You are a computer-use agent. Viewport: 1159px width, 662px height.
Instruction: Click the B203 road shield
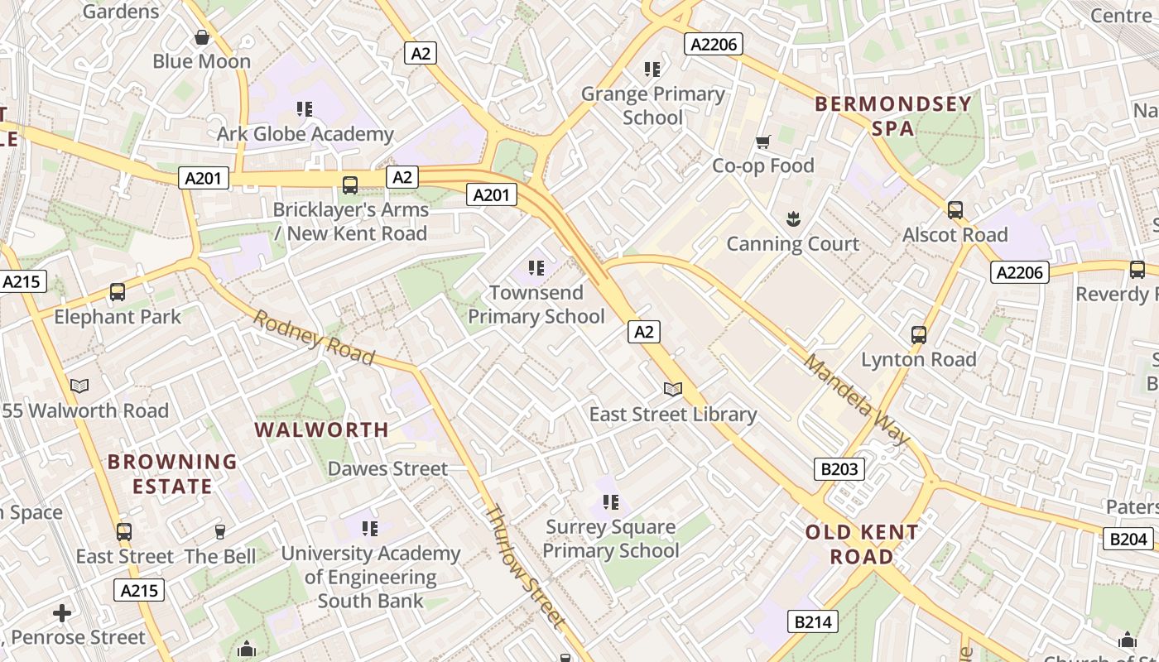coord(839,469)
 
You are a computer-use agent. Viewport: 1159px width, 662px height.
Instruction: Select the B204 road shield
coord(1128,540)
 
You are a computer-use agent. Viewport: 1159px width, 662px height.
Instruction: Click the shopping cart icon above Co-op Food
coord(763,142)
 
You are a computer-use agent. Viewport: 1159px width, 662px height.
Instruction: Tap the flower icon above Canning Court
coord(793,219)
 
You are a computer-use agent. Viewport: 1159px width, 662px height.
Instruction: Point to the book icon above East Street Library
coord(673,389)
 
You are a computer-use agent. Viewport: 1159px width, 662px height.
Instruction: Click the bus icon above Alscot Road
coord(955,210)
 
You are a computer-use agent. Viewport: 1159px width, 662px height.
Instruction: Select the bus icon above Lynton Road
coord(919,335)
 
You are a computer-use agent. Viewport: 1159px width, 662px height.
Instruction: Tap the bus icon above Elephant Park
coord(118,292)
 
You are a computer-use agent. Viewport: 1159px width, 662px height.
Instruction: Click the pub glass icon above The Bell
coord(220,532)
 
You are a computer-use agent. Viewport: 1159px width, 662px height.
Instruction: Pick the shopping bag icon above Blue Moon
coord(201,37)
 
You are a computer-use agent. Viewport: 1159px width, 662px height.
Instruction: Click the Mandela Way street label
coord(857,400)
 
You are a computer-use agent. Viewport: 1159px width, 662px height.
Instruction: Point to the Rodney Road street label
coord(314,337)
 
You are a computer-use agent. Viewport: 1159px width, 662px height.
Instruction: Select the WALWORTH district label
coord(321,429)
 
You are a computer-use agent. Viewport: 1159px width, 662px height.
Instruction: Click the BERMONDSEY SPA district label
coord(893,116)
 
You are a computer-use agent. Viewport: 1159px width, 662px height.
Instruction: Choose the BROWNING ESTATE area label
coord(172,473)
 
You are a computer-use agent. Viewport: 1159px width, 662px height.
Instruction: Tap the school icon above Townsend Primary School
coord(536,268)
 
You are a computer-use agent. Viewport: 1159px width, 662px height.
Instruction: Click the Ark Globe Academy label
coord(305,133)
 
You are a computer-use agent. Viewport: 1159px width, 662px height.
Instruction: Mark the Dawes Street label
coord(387,468)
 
